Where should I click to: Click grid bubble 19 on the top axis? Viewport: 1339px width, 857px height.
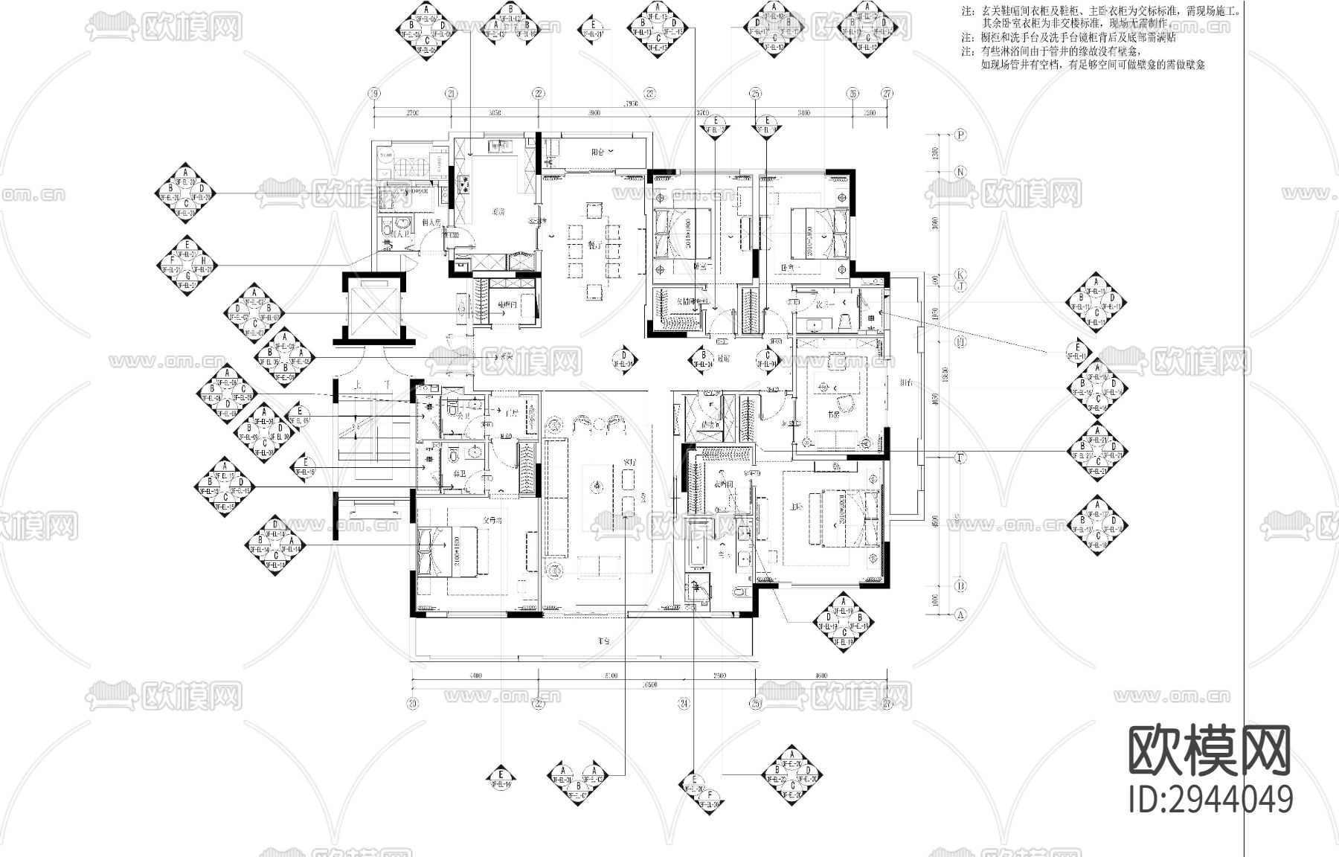374,94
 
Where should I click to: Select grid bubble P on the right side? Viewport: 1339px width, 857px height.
961,135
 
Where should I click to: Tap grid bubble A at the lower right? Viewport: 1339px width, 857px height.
960,615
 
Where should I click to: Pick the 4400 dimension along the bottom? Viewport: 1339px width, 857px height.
475,675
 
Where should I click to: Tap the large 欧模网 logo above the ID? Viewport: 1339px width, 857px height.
1210,750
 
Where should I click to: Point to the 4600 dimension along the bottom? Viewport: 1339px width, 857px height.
821,675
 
